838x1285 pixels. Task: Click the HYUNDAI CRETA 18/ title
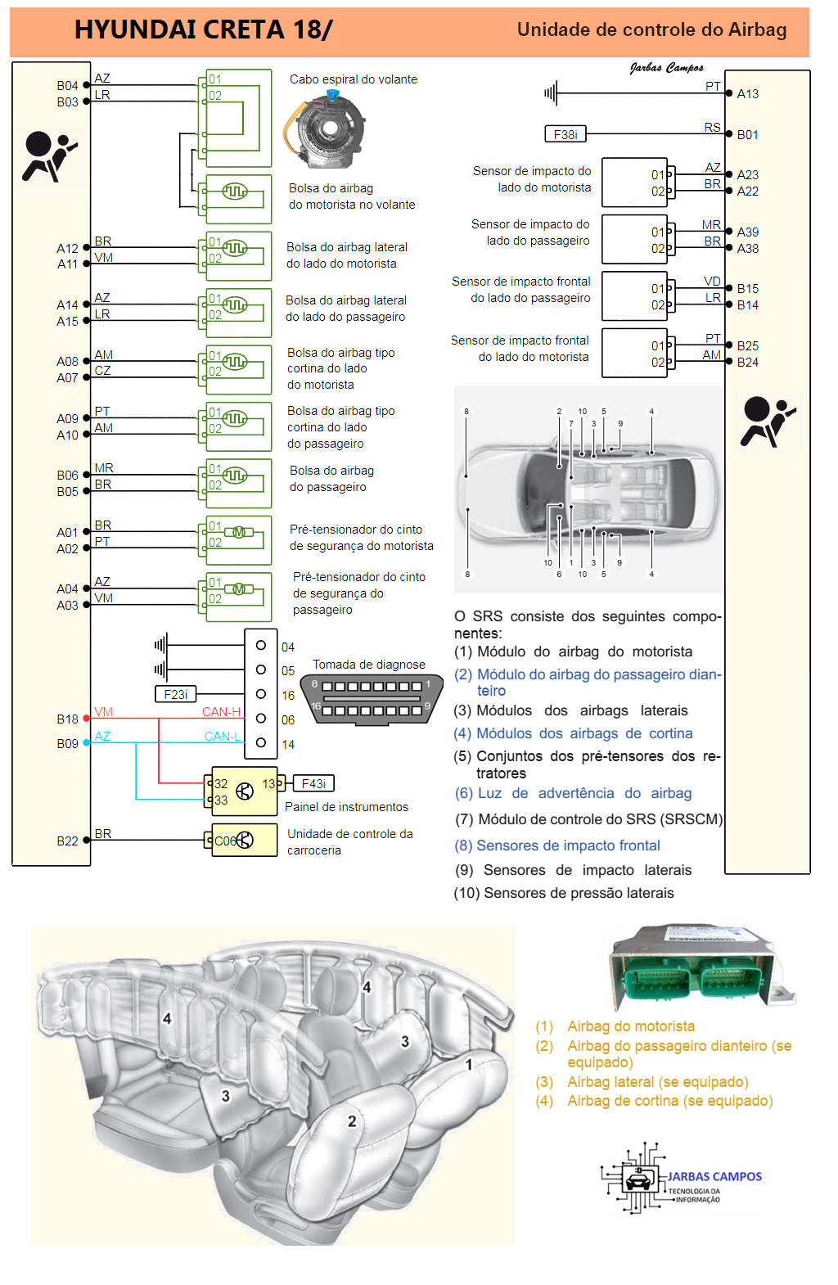(x=203, y=29)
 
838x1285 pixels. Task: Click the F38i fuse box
(x=565, y=134)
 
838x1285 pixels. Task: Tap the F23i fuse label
(x=175, y=694)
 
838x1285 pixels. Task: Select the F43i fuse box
(x=313, y=783)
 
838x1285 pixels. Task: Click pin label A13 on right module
(x=747, y=94)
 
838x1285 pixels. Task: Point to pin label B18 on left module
(x=67, y=719)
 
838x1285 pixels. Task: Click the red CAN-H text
(x=222, y=712)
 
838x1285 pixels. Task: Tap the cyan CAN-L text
(x=222, y=737)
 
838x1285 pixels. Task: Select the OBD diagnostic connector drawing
(x=371, y=698)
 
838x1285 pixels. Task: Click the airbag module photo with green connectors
(x=701, y=967)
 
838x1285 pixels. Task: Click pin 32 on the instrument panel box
(x=221, y=783)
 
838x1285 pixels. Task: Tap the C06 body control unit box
(x=243, y=841)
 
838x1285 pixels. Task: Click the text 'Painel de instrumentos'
(x=346, y=807)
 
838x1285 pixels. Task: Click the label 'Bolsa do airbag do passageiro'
(x=331, y=479)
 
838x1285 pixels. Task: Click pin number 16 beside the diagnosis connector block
(x=288, y=695)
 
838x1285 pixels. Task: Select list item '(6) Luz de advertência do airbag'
(x=573, y=793)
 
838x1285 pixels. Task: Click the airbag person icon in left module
(x=50, y=156)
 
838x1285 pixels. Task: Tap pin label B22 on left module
(x=67, y=841)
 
